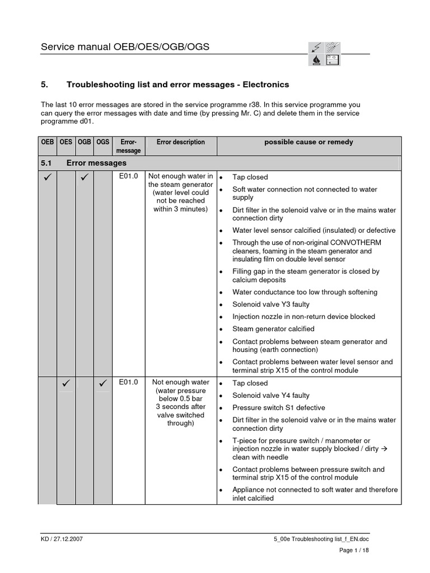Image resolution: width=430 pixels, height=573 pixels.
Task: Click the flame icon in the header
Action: click(x=316, y=60)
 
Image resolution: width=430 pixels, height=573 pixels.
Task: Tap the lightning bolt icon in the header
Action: click(x=316, y=48)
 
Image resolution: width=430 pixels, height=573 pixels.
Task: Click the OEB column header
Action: click(x=48, y=142)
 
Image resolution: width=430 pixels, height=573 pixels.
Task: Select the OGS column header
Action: click(x=102, y=142)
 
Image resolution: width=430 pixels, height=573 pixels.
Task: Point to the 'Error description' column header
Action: click(x=180, y=142)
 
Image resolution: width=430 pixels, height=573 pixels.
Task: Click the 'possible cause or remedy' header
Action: click(x=309, y=142)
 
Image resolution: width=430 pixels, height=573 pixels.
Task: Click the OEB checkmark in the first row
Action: click(x=48, y=179)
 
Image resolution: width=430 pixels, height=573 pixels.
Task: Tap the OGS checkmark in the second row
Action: click(x=102, y=384)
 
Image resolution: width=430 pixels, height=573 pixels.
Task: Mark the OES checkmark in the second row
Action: click(x=66, y=384)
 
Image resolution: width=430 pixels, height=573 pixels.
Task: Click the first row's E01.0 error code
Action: click(x=128, y=177)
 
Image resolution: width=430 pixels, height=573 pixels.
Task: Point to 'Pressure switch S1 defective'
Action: click(x=278, y=408)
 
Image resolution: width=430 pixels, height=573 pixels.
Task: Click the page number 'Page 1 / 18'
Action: click(x=354, y=551)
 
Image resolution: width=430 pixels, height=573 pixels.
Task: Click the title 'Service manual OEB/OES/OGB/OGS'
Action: click(x=125, y=47)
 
